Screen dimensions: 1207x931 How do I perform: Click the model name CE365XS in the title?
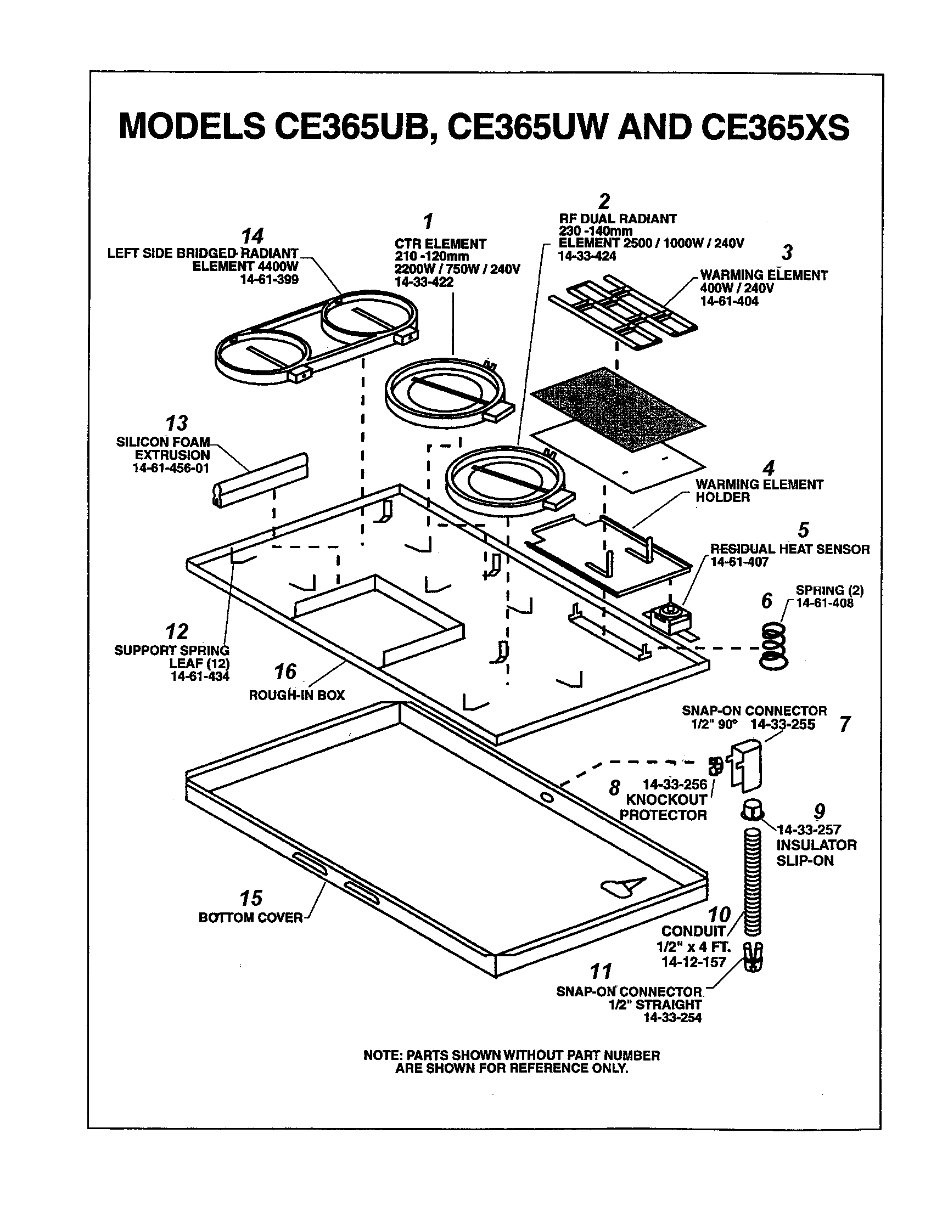pos(775,128)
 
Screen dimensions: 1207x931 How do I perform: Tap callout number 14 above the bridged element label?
pos(253,236)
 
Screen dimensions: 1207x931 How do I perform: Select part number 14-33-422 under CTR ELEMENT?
pos(424,282)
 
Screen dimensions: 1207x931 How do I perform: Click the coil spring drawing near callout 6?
pos(773,647)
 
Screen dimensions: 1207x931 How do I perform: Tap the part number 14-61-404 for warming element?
pos(729,301)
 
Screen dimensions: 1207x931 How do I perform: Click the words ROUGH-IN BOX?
pos(296,695)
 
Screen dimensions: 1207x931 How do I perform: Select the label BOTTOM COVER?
pos(250,918)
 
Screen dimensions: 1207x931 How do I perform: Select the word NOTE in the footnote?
pos(382,1055)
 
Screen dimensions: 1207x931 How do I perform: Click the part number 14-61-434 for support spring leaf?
pos(200,676)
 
